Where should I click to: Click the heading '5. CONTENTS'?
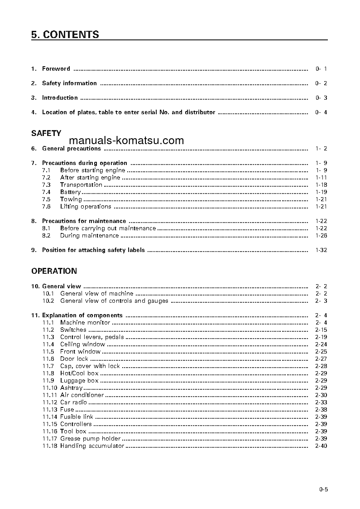click(65, 35)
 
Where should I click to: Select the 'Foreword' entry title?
click(56, 69)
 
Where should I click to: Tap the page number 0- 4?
click(321, 112)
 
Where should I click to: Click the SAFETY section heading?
click(46, 133)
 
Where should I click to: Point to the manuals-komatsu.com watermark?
click(127, 141)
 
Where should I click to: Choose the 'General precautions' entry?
click(71, 149)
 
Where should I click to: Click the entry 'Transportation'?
click(81, 185)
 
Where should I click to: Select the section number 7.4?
click(46, 192)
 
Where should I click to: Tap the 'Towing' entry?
click(71, 199)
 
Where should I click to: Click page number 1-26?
click(321, 236)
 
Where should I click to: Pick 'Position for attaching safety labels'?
click(93, 250)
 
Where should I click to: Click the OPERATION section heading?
click(54, 271)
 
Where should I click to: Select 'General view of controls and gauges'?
click(114, 301)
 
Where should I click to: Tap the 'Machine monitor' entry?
click(85, 323)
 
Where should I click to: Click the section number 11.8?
click(48, 373)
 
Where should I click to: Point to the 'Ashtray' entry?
click(72, 388)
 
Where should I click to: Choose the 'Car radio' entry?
click(73, 402)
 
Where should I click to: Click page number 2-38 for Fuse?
click(321, 410)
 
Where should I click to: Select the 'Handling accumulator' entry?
click(92, 446)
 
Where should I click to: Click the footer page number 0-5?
click(323, 489)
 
